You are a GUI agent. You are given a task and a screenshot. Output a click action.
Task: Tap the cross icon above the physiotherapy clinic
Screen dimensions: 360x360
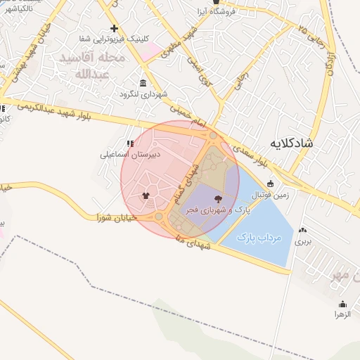coord(114,28)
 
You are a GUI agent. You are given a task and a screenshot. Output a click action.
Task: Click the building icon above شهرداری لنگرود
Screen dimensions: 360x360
coord(143,83)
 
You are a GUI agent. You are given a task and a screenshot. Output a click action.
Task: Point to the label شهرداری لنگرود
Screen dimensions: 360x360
coord(143,94)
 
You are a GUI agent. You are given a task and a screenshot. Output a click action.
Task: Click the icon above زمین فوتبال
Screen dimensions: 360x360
coord(270,184)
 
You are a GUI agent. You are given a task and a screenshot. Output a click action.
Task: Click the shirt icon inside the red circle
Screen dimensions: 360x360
coord(146,196)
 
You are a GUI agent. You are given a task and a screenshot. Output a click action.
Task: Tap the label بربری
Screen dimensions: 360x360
coord(302,240)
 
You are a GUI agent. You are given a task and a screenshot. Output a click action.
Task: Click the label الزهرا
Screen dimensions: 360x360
coord(342,315)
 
